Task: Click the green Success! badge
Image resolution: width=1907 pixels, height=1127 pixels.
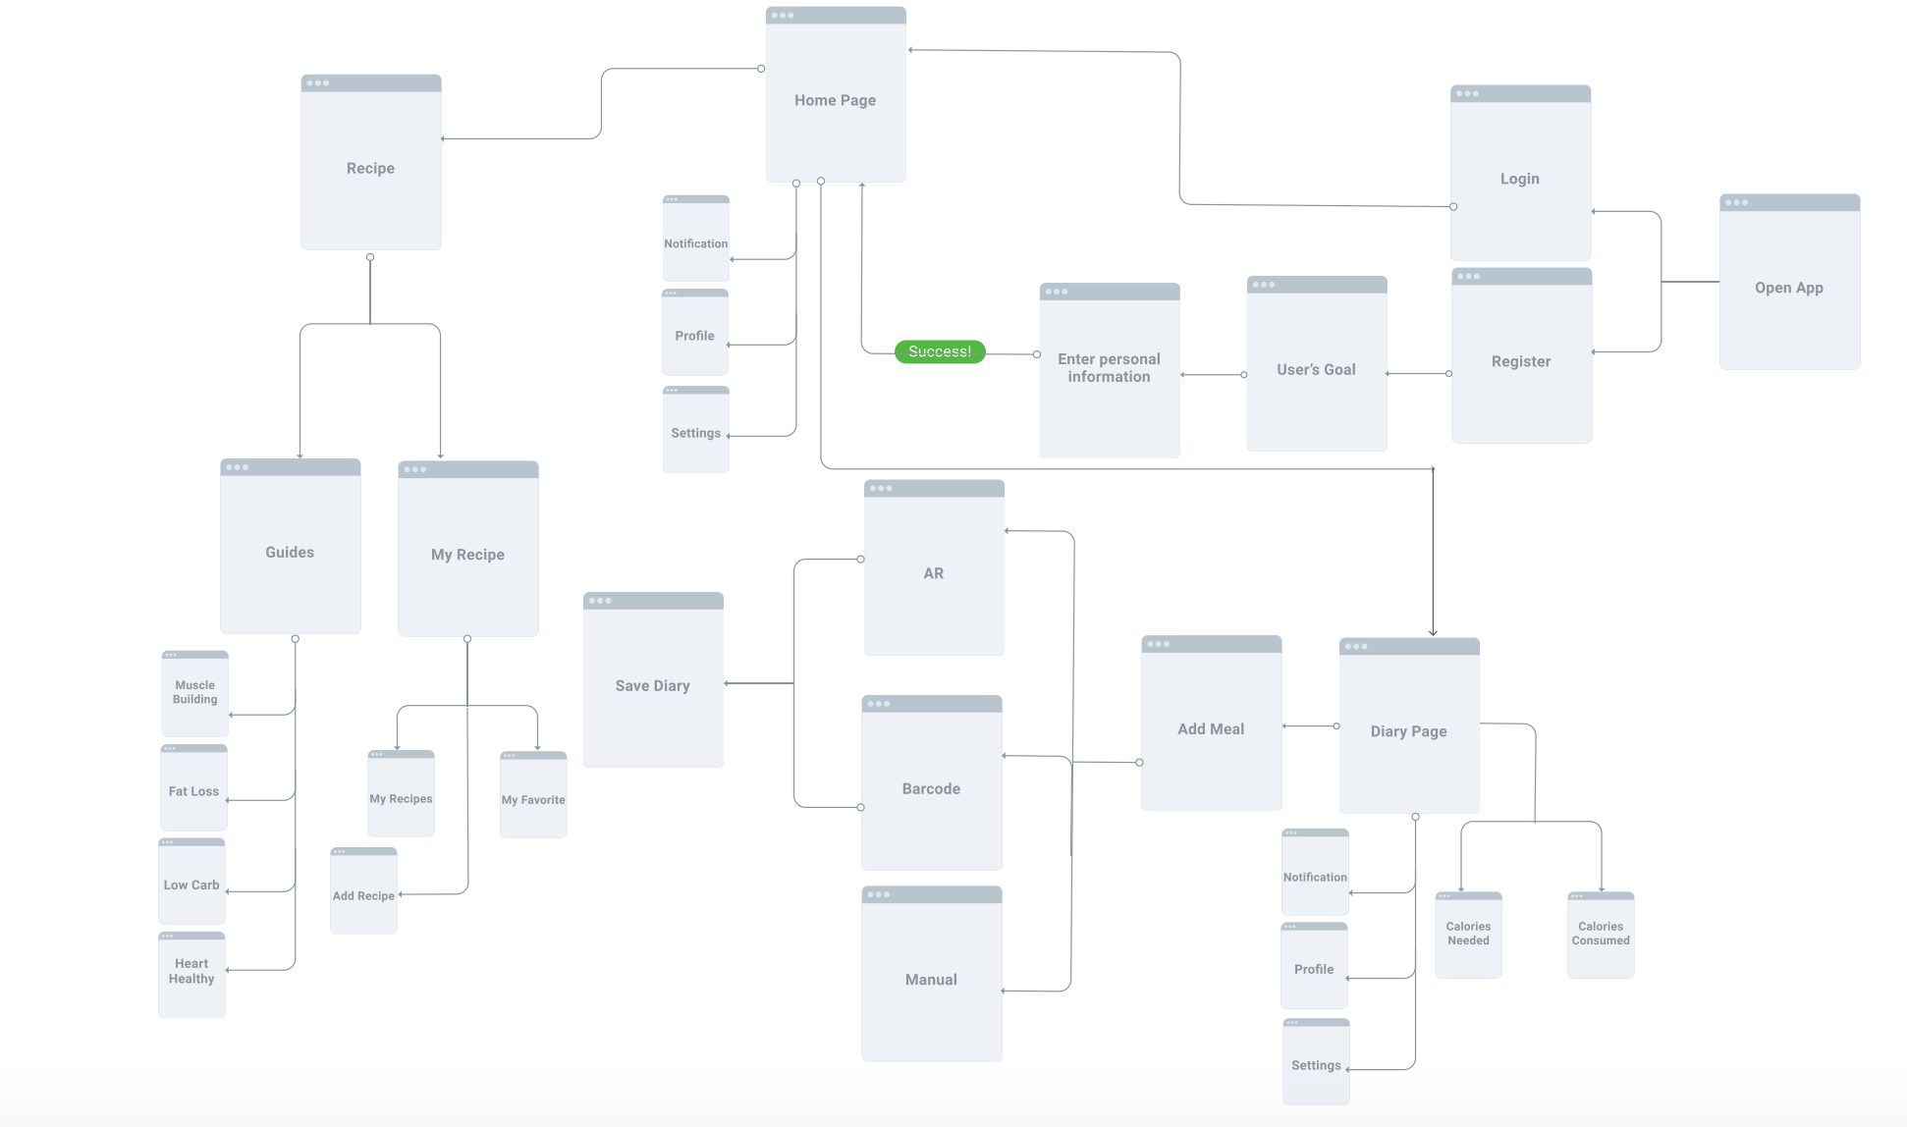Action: [x=940, y=351]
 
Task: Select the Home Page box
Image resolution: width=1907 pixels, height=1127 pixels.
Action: [x=836, y=99]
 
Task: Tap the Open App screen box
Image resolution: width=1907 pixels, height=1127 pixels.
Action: [x=1789, y=287]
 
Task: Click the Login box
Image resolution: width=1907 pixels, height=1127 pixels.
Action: [x=1520, y=178]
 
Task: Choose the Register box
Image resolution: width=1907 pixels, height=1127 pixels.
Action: [x=1521, y=360]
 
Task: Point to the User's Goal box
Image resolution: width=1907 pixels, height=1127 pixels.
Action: [x=1316, y=369]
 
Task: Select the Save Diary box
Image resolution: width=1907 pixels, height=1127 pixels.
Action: [x=653, y=685]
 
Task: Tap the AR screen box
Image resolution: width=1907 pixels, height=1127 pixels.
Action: [x=934, y=573]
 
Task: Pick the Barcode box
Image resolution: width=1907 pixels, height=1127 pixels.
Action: [x=932, y=788]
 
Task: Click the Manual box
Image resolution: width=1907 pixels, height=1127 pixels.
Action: [x=932, y=979]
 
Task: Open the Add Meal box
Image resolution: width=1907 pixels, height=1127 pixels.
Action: [x=1211, y=728]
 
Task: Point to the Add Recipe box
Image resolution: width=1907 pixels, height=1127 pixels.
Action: [x=363, y=894]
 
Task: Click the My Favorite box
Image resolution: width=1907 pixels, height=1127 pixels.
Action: [x=533, y=799]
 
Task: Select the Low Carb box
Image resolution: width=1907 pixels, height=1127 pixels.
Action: [x=191, y=885]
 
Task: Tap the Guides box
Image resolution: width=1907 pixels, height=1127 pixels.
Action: [x=290, y=552]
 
